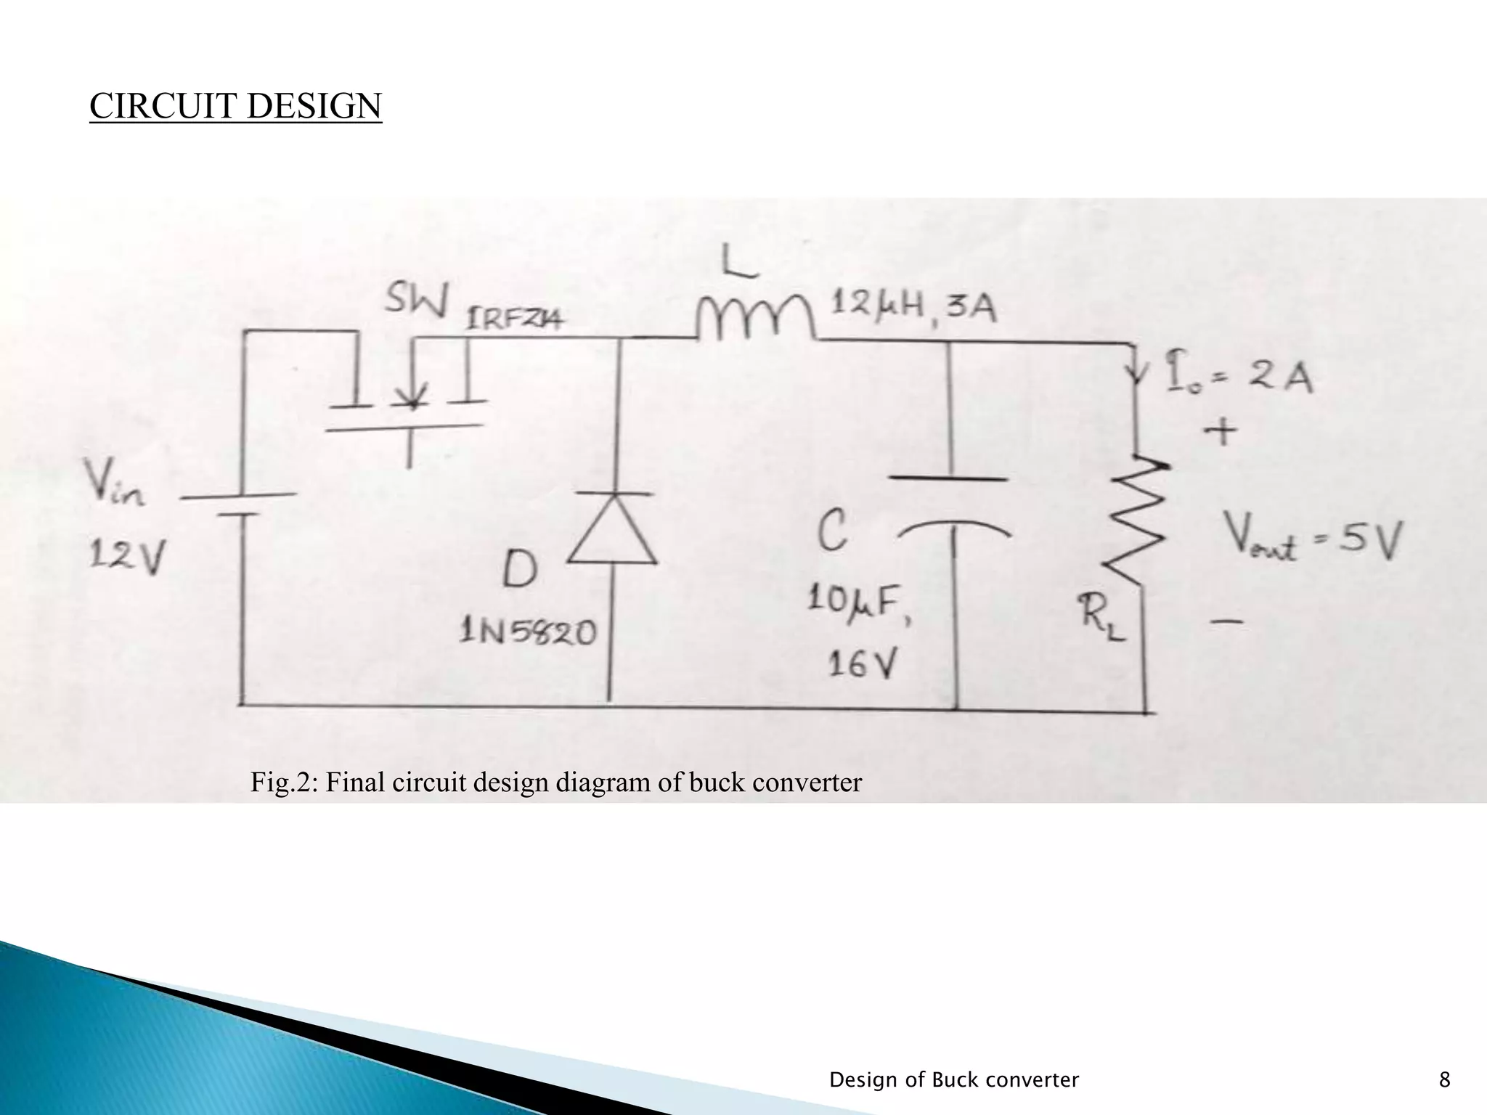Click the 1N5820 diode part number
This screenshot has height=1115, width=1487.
(528, 632)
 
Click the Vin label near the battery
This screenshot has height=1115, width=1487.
(115, 483)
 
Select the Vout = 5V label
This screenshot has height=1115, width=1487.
(1314, 541)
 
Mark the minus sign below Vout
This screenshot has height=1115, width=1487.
(1226, 621)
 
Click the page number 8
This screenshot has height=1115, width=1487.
(1444, 1080)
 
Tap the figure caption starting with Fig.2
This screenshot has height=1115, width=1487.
(555, 782)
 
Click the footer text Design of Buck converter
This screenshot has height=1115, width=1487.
(953, 1080)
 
